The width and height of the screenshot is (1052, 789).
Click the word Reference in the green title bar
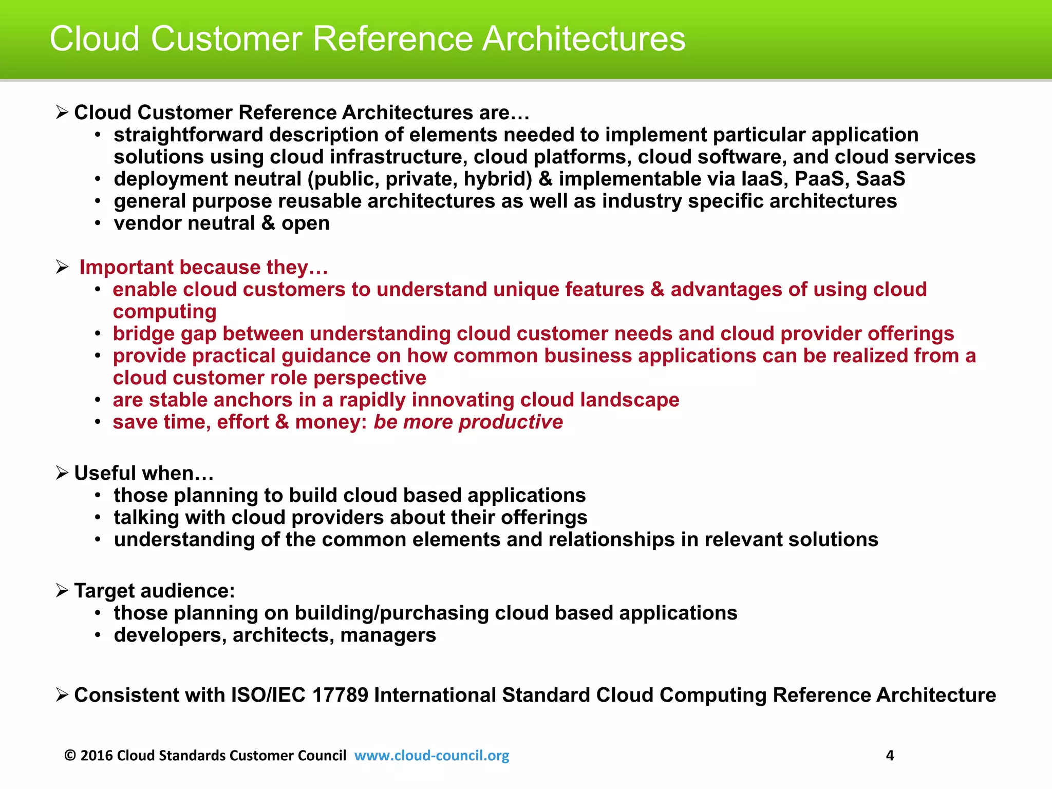click(x=392, y=39)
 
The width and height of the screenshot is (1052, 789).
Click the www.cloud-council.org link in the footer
click(x=431, y=755)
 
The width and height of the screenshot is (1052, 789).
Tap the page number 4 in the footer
click(x=890, y=755)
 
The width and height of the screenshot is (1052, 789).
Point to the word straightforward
click(x=188, y=135)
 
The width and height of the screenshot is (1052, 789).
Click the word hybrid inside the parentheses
click(x=497, y=179)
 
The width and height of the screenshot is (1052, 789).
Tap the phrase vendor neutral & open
click(x=221, y=223)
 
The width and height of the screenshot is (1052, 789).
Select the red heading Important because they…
click(x=203, y=268)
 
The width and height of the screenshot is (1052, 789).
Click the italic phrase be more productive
click(x=468, y=422)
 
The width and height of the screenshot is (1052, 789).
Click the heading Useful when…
click(x=144, y=473)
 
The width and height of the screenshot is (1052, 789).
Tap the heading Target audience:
click(x=154, y=591)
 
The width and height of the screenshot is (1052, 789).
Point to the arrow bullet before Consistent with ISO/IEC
click(x=62, y=696)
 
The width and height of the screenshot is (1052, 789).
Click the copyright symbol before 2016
click(x=70, y=755)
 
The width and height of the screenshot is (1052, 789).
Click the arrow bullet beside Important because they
click(x=62, y=267)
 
